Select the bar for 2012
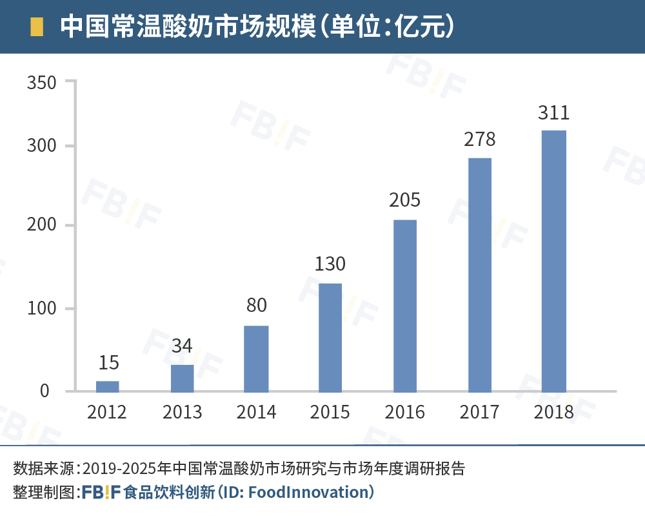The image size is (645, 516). pyautogui.click(x=108, y=386)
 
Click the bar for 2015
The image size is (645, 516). pyautogui.click(x=330, y=337)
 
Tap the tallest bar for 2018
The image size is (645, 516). pyautogui.click(x=553, y=261)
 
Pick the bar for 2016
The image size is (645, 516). pyautogui.click(x=404, y=305)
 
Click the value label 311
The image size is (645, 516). pyautogui.click(x=553, y=112)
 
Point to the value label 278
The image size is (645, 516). pyautogui.click(x=479, y=139)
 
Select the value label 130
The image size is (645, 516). pyautogui.click(x=330, y=264)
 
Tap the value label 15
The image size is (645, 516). pyautogui.click(x=108, y=363)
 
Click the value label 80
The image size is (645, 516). pyautogui.click(x=256, y=305)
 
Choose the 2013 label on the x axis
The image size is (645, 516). pyautogui.click(x=182, y=412)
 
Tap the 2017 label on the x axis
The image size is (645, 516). pyautogui.click(x=479, y=412)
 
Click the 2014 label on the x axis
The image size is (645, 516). pyautogui.click(x=256, y=412)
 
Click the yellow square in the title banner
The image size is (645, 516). pyautogui.click(x=37, y=27)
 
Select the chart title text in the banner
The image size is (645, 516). pyautogui.click(x=258, y=27)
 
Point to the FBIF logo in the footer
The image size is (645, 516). pyautogui.click(x=101, y=492)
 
